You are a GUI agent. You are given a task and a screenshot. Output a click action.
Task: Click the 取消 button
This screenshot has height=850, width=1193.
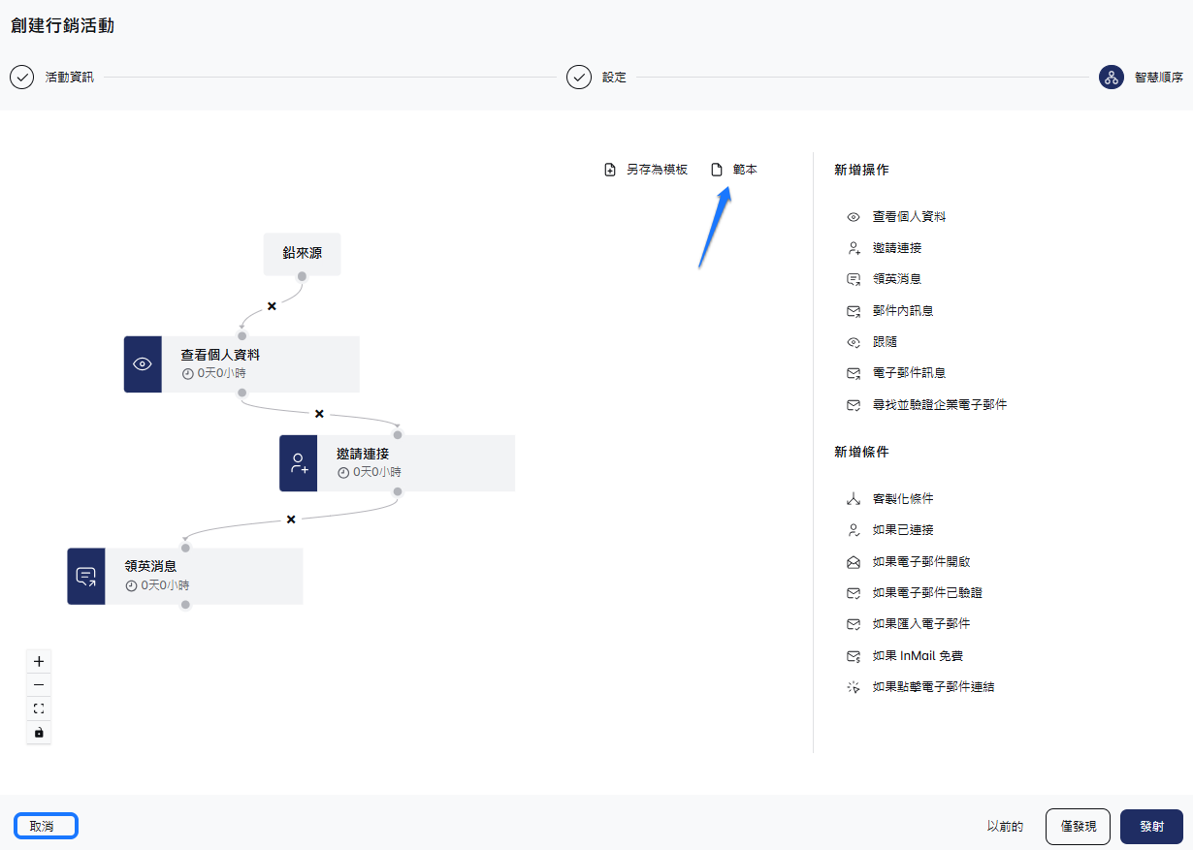click(x=46, y=826)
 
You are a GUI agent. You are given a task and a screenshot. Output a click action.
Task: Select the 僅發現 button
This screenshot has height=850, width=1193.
click(x=1078, y=827)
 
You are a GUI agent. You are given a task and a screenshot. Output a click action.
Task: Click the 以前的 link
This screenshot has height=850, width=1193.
click(x=1005, y=827)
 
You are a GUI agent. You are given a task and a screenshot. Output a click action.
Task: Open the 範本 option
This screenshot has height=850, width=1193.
click(x=735, y=170)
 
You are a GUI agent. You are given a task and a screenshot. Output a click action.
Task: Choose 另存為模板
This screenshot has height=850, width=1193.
click(x=646, y=170)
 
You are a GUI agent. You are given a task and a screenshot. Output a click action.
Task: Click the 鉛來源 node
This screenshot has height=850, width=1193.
click(x=302, y=254)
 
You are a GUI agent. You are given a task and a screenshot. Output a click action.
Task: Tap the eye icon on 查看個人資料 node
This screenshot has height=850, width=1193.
click(x=143, y=364)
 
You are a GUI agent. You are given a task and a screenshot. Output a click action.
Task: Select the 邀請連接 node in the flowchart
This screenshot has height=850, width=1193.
click(x=397, y=462)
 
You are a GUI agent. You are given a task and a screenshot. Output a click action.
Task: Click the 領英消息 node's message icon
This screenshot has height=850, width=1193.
click(x=86, y=577)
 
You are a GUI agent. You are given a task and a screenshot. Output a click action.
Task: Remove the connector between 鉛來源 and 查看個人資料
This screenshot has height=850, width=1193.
click(x=272, y=306)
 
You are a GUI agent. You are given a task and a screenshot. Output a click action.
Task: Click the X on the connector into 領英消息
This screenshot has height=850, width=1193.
click(x=291, y=519)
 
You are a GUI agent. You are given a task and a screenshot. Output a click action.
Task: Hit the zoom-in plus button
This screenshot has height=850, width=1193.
click(x=39, y=661)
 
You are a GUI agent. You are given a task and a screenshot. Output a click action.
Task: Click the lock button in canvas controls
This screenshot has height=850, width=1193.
click(x=39, y=732)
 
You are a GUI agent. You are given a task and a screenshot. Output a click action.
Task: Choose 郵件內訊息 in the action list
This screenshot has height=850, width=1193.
click(x=902, y=311)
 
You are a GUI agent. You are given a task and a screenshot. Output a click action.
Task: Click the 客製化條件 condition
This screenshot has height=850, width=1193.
click(x=902, y=499)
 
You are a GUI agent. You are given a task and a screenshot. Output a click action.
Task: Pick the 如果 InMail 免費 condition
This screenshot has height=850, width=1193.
click(x=917, y=656)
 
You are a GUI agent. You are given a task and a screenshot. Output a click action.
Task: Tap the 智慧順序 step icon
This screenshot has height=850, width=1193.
click(x=1112, y=78)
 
